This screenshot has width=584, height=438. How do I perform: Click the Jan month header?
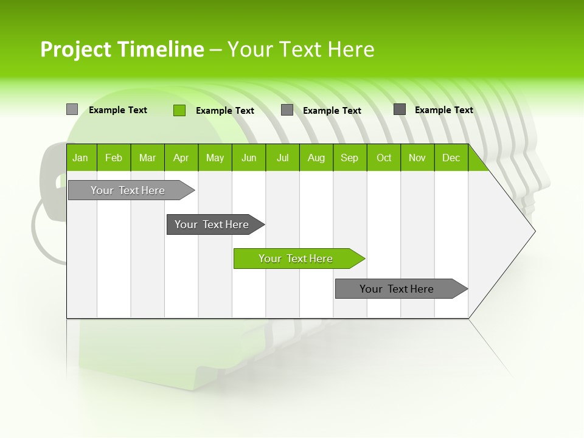click(80, 158)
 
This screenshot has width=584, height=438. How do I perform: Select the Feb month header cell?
click(114, 158)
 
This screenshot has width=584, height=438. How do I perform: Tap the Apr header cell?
click(181, 158)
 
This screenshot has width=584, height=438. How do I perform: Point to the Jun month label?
click(249, 158)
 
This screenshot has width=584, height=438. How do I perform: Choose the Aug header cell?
click(316, 158)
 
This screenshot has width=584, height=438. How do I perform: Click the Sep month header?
click(349, 158)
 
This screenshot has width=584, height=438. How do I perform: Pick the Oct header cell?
click(384, 158)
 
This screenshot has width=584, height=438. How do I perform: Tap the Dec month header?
click(451, 158)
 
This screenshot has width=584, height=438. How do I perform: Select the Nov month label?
click(417, 158)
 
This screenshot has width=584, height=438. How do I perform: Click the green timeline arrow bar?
click(298, 259)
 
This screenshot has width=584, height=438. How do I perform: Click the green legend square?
click(179, 110)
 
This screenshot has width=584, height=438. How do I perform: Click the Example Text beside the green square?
click(224, 111)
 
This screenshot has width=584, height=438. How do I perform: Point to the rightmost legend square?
click(400, 109)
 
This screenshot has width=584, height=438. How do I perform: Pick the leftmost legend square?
click(72, 109)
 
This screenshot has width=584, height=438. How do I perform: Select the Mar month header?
click(147, 158)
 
